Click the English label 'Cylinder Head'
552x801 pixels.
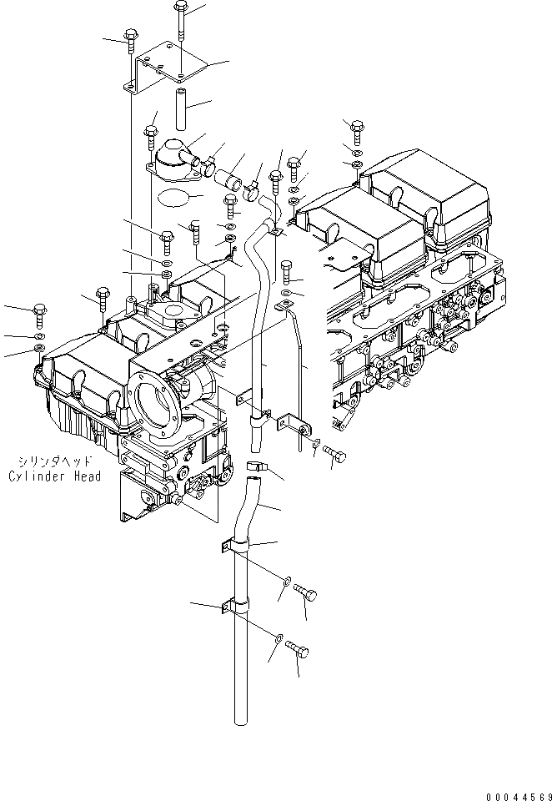point(54,476)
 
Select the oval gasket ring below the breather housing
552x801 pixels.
point(173,199)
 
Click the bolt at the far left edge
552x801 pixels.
point(39,315)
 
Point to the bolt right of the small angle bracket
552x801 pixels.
point(334,454)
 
